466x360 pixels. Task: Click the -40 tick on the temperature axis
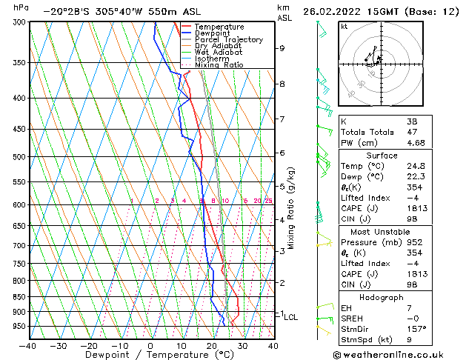(x=28, y=346)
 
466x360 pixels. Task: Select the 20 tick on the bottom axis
(x=212, y=346)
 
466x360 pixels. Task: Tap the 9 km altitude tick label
(x=282, y=48)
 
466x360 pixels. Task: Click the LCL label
(x=290, y=317)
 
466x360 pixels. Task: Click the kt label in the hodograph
(x=344, y=26)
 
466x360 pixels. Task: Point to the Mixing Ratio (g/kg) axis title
(x=291, y=208)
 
